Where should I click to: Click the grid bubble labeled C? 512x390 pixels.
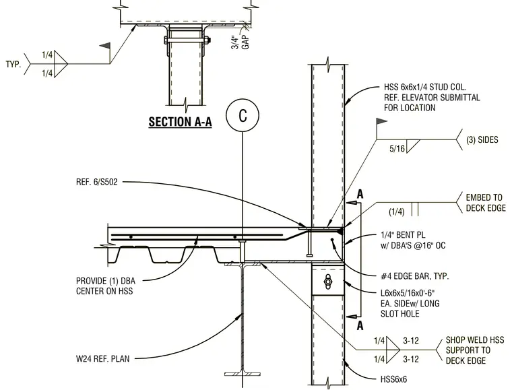pyautogui.click(x=243, y=116)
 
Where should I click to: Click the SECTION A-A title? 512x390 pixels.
pyautogui.click(x=181, y=122)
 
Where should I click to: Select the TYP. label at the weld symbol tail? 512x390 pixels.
pyautogui.click(x=13, y=64)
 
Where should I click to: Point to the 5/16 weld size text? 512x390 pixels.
pyautogui.click(x=397, y=149)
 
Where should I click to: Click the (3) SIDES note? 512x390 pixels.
pyautogui.click(x=482, y=139)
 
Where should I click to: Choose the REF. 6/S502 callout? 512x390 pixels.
pyautogui.click(x=96, y=182)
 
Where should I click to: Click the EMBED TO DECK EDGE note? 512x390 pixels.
pyautogui.click(x=486, y=203)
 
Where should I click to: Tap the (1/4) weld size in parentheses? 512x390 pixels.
pyautogui.click(x=396, y=212)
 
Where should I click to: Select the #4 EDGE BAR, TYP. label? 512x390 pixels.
pyautogui.click(x=415, y=276)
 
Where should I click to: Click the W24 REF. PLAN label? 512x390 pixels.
pyautogui.click(x=103, y=358)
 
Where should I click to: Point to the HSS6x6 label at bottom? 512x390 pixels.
pyautogui.click(x=394, y=379)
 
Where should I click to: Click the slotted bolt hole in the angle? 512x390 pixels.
pyautogui.click(x=327, y=281)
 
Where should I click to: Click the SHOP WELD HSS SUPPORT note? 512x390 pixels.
pyautogui.click(x=475, y=350)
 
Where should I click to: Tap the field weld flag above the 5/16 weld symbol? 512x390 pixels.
pyautogui.click(x=382, y=122)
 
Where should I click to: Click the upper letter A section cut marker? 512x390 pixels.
pyautogui.click(x=360, y=194)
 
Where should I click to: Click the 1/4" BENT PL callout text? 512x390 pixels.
pyautogui.click(x=403, y=234)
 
